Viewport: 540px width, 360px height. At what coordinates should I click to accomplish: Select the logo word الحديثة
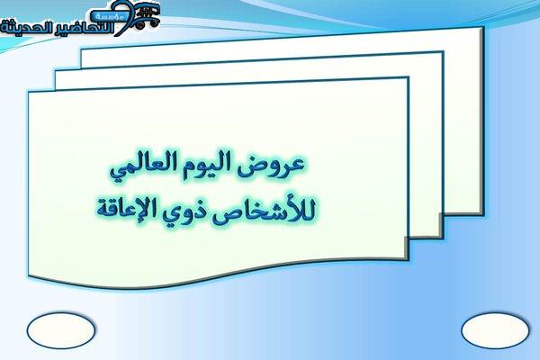(x=25, y=28)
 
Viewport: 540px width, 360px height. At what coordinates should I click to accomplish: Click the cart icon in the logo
(x=147, y=15)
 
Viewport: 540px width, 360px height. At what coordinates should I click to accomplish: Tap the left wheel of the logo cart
(x=139, y=25)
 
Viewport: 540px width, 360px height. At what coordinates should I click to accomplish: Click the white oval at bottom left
(x=61, y=330)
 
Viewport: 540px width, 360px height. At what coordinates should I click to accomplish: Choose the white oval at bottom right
(x=495, y=330)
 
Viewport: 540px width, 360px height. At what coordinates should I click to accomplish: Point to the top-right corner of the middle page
(x=442, y=52)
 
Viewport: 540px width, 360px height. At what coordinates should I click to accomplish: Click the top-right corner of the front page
(x=408, y=78)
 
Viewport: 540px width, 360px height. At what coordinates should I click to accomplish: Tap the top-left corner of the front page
(x=29, y=93)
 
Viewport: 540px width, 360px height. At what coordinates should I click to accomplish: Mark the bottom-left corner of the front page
(x=29, y=275)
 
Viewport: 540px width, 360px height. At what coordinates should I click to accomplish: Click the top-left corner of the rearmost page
(x=82, y=50)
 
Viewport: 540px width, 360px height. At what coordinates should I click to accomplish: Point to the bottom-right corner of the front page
(x=408, y=259)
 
